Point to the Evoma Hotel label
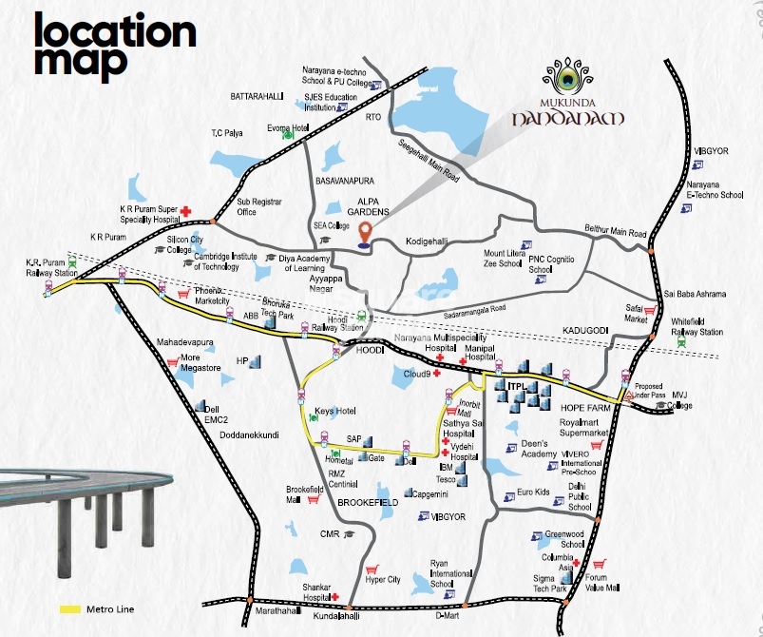point(288,127)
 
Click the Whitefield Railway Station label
point(697,327)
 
